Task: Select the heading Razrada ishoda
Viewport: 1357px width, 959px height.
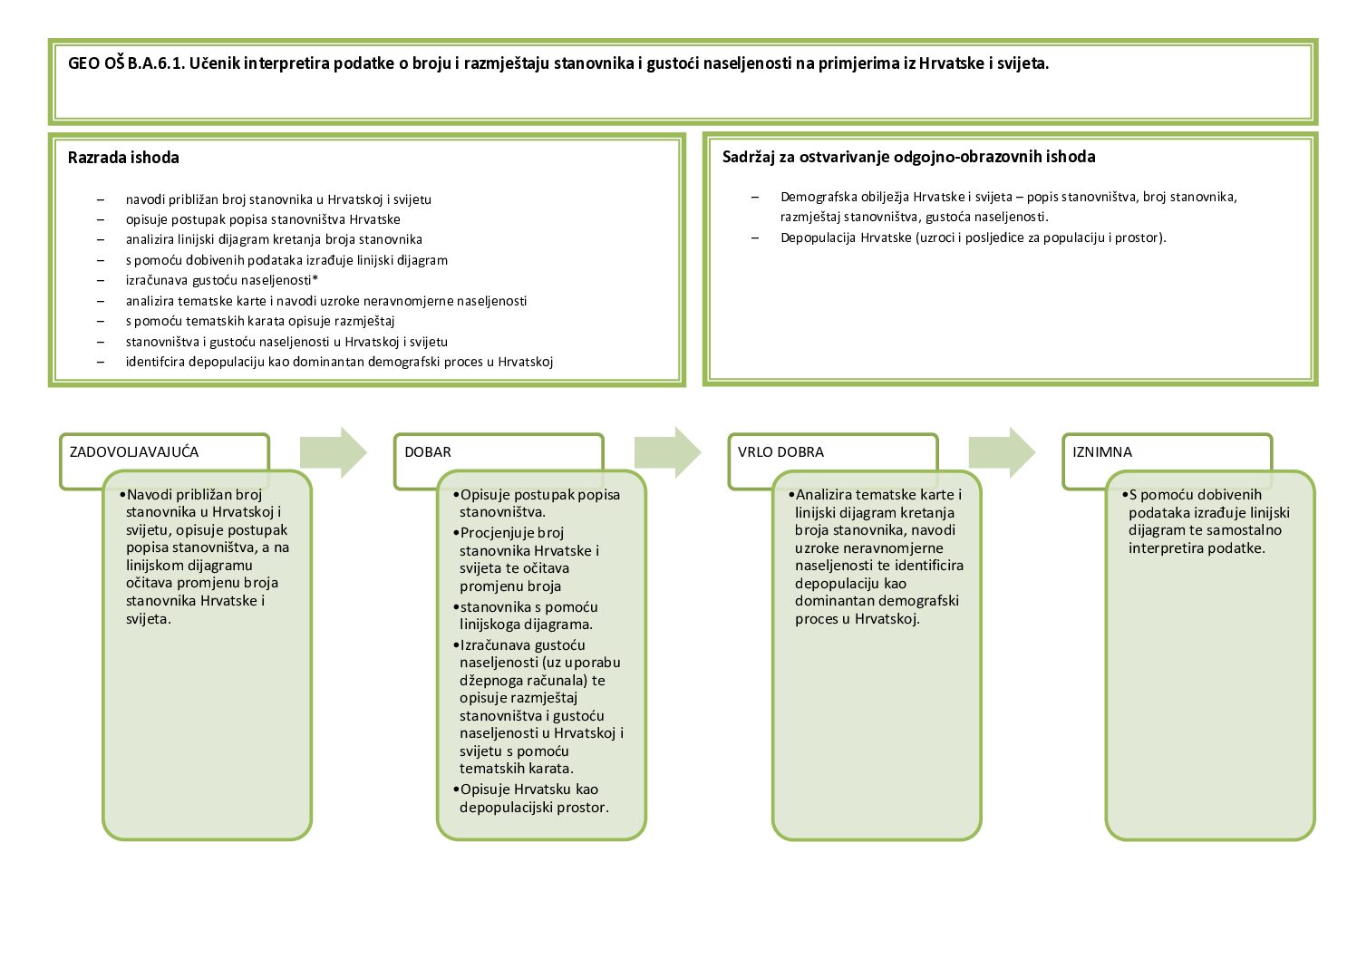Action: pos(123,158)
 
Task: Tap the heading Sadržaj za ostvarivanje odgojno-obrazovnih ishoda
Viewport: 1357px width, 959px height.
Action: pos(908,157)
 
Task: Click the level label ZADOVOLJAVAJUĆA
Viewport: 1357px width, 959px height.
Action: pos(134,452)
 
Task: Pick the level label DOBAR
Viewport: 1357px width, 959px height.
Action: pos(428,452)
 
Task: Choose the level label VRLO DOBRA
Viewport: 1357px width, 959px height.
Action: pos(780,452)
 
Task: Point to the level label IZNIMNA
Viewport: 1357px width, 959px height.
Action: pos(1102,452)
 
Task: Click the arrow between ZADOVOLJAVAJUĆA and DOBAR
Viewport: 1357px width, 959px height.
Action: pos(333,451)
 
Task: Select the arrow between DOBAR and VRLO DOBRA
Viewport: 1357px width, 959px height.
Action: pos(667,451)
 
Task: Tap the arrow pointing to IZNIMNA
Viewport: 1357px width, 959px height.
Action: pos(1002,451)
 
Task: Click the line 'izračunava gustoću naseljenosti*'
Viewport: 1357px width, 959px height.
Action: pos(222,281)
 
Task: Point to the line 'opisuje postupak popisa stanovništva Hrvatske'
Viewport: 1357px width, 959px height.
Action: pos(263,219)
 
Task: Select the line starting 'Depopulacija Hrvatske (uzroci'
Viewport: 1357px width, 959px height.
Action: pos(973,238)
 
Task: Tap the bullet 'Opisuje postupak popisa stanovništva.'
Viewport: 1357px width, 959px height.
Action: pos(539,503)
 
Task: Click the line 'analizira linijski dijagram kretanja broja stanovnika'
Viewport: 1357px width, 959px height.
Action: pos(274,240)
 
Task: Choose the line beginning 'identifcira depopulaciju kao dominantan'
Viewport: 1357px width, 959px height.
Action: pos(339,363)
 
